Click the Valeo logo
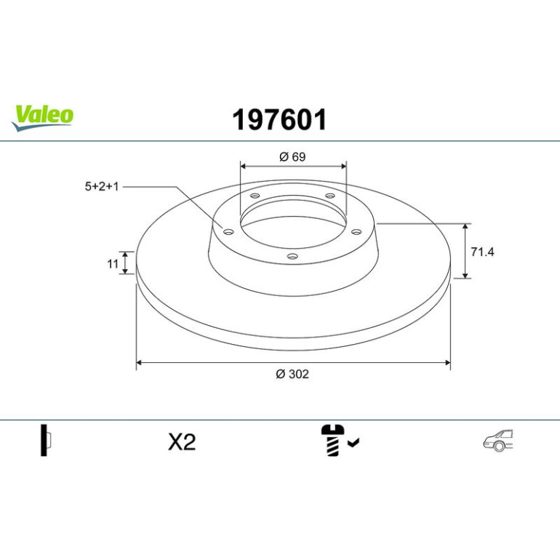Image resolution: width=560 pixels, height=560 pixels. (42, 118)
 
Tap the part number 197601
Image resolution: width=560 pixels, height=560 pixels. (279, 120)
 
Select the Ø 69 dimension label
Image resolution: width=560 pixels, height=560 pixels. (292, 157)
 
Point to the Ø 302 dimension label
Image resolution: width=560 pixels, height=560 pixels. (292, 374)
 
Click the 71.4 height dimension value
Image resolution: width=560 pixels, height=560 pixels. (482, 252)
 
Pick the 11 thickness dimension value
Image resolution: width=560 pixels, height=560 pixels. (113, 264)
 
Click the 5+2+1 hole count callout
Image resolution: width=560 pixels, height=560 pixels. (101, 186)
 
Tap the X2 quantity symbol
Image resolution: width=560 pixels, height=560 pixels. (182, 441)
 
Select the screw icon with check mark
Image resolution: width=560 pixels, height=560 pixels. (340, 440)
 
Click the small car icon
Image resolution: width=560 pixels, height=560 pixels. (498, 440)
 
